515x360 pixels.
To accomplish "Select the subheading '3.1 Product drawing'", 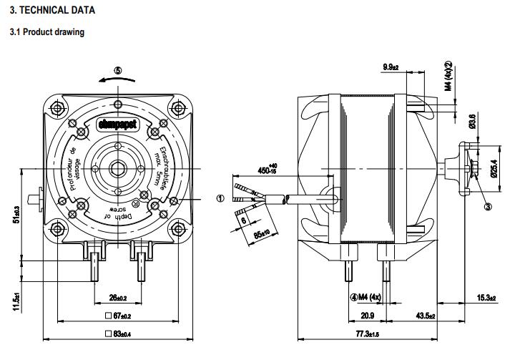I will coord(46,32).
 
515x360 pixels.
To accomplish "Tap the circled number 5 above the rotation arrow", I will coord(118,70).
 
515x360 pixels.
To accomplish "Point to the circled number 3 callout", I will coord(488,207).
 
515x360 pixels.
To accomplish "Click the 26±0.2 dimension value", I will coord(117,298).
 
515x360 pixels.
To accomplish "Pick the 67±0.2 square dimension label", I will coord(117,316).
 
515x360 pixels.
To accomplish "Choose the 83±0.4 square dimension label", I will coord(117,334).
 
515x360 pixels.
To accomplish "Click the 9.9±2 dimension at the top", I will coord(391,67).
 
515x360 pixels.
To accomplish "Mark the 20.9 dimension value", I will coord(368,316).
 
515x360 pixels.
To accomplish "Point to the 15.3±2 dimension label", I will coord(486,298).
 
